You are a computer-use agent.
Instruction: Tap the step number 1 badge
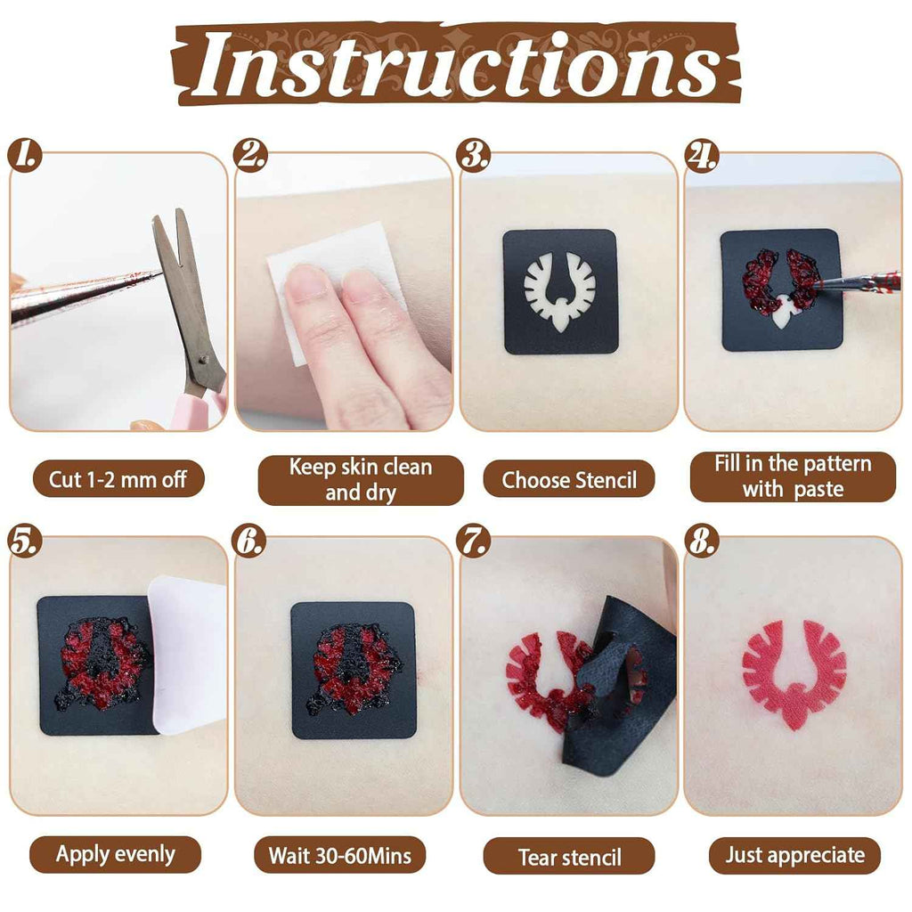[x=25, y=155]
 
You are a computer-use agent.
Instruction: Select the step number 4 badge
[x=702, y=155]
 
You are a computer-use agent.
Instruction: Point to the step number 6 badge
[x=249, y=541]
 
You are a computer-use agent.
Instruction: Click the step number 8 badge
[x=702, y=541]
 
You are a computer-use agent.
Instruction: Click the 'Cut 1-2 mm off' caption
[x=118, y=479]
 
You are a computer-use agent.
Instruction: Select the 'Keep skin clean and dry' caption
[x=361, y=479]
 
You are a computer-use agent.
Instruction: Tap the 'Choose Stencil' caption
[x=569, y=479]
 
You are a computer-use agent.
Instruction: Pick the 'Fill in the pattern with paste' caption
[x=793, y=476]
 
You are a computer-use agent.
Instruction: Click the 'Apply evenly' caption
[x=115, y=854]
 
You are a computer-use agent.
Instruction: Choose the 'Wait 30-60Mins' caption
[x=339, y=854]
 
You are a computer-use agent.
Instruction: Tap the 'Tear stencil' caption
[x=569, y=856]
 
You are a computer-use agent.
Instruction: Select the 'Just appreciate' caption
[x=794, y=855]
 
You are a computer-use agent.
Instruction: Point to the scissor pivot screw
[x=203, y=360]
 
